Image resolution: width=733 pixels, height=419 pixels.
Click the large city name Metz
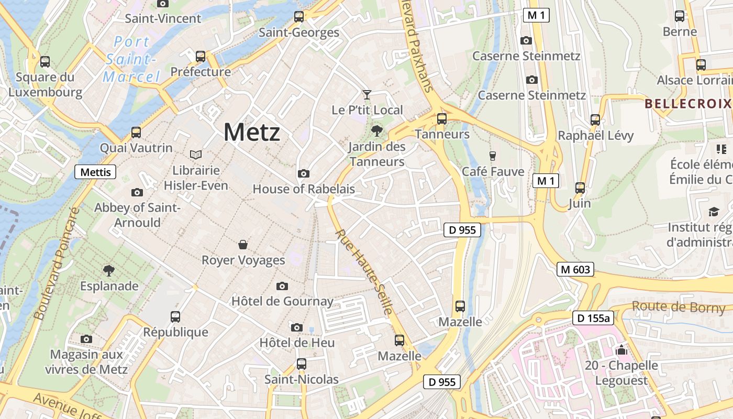click(x=252, y=132)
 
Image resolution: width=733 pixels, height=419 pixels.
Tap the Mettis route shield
click(x=95, y=172)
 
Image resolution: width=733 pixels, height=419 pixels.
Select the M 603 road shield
click(x=575, y=270)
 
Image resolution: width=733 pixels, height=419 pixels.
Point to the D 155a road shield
click(x=593, y=318)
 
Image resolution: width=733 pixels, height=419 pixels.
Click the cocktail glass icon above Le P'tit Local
click(x=367, y=95)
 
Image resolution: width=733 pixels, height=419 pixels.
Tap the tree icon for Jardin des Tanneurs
click(x=376, y=131)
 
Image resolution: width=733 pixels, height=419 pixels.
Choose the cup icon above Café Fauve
click(x=492, y=156)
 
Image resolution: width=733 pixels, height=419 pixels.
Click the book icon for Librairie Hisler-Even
click(x=196, y=155)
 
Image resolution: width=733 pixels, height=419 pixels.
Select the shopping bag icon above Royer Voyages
click(x=243, y=245)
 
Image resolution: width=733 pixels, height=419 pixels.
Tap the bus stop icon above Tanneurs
click(x=442, y=119)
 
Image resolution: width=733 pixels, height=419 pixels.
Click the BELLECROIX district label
click(x=687, y=103)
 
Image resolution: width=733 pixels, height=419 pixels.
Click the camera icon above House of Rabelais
click(x=303, y=174)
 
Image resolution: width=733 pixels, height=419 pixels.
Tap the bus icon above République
click(x=175, y=317)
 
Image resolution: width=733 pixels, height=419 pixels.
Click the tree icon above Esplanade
click(x=109, y=271)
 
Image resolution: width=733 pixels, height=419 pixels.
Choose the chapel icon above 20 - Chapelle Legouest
click(x=621, y=350)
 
